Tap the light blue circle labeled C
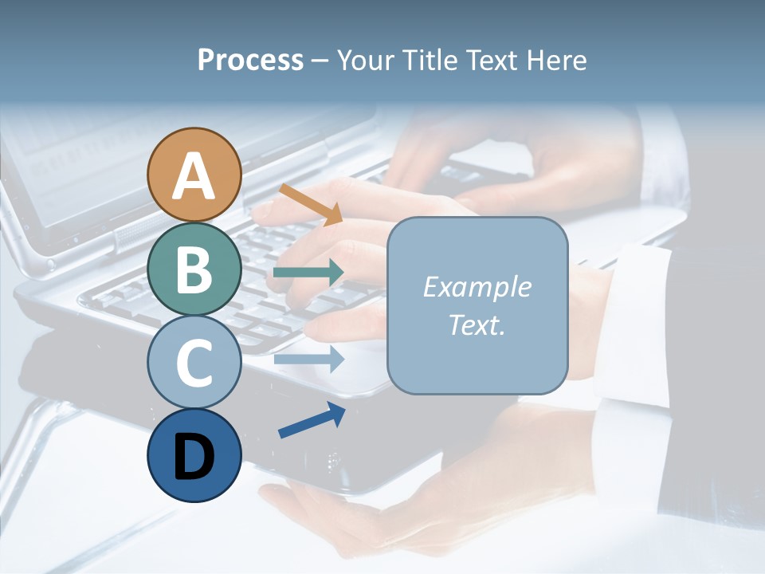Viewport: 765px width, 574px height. click(194, 362)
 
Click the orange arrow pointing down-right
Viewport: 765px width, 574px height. click(311, 204)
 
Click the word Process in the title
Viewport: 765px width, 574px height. click(250, 60)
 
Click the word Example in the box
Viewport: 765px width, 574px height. click(477, 287)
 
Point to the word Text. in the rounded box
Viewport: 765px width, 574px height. click(477, 325)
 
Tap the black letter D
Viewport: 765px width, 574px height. click(194, 458)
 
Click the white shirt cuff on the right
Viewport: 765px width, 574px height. click(637, 327)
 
